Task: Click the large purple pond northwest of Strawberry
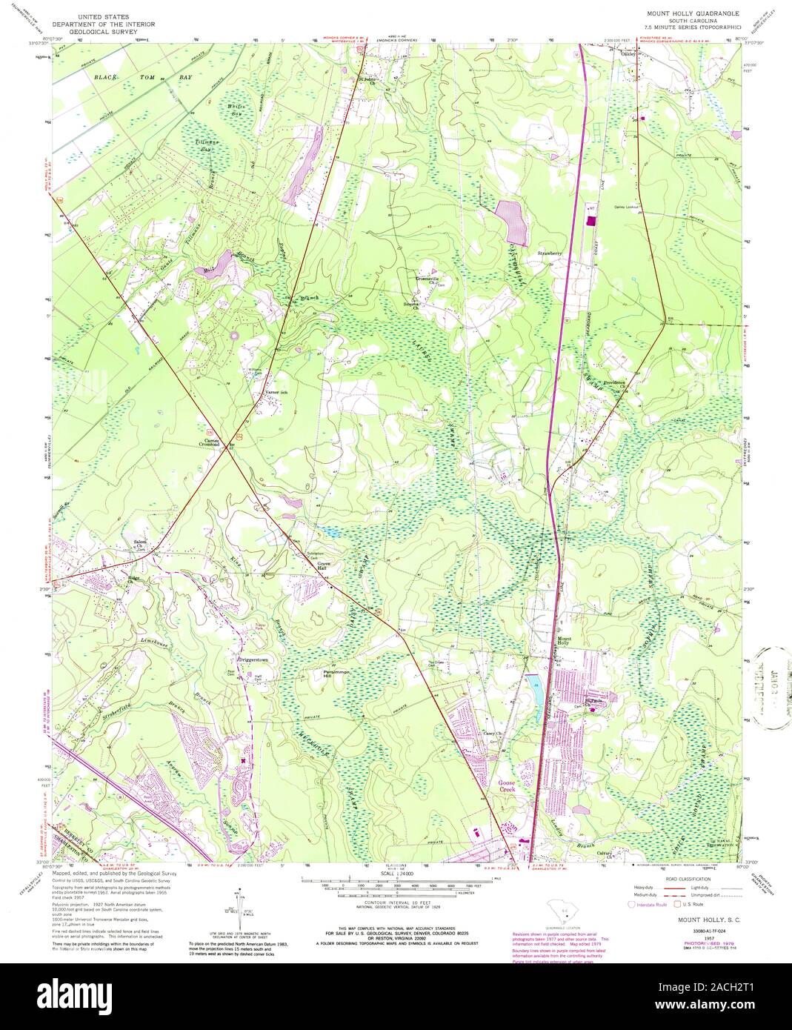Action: [512, 220]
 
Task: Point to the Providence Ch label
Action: [616, 384]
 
